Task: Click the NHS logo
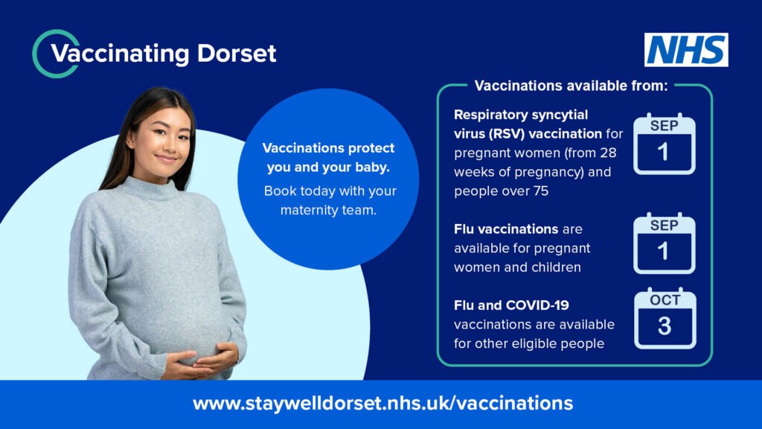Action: point(686,50)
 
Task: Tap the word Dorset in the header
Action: point(237,53)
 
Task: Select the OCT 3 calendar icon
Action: point(665,319)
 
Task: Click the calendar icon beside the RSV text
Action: point(665,144)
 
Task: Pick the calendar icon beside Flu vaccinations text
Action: point(665,244)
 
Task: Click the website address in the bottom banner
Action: point(383,403)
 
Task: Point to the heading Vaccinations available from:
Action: point(571,86)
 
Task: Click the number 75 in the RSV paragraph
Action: point(541,191)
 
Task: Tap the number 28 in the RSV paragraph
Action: point(608,153)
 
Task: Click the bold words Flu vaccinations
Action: point(506,229)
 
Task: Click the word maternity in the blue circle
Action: point(310,210)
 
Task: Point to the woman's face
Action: point(161,142)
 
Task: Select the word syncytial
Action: point(560,115)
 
